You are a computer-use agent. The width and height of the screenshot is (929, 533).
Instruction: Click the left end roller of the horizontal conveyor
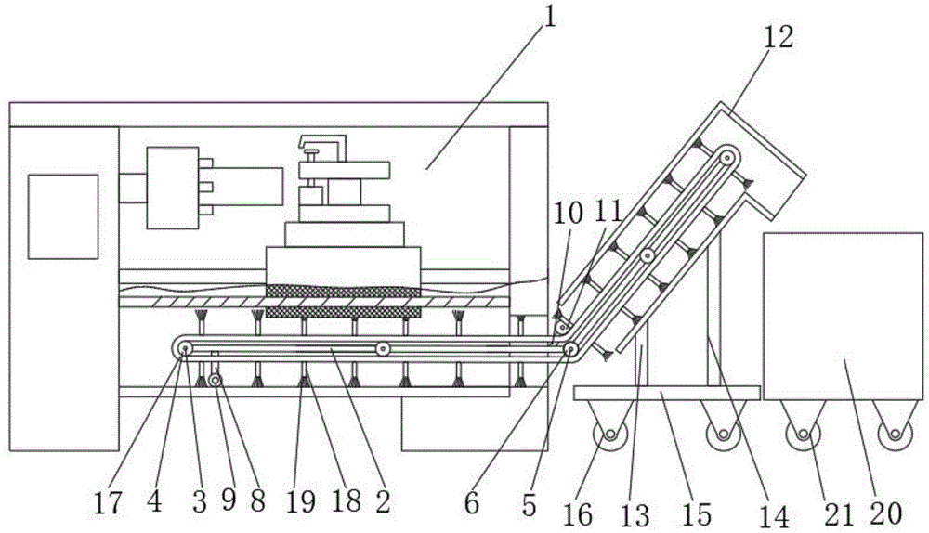tap(186, 349)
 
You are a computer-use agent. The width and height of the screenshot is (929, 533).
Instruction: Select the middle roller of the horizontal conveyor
tap(381, 349)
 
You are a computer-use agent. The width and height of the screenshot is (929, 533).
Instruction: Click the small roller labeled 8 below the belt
tap(215, 379)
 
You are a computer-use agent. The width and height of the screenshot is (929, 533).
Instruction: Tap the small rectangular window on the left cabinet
tap(62, 215)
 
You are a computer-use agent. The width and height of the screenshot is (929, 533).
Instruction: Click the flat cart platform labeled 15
tap(667, 393)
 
